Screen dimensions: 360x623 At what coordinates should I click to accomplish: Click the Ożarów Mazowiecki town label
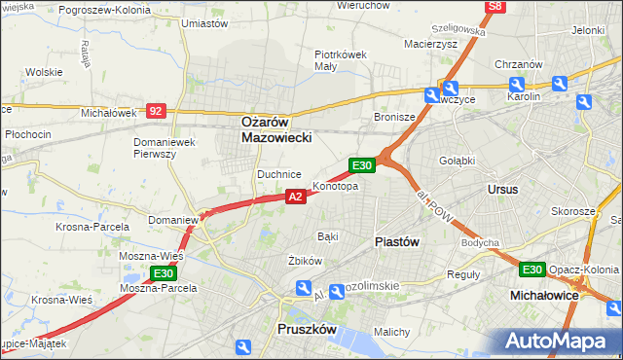275,130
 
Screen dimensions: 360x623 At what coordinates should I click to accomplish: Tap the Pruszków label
306,330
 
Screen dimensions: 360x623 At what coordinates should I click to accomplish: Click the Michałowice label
545,293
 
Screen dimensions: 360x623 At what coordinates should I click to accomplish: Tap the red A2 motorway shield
297,197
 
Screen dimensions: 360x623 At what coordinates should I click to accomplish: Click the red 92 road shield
156,112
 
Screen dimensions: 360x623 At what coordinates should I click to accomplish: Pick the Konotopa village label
335,186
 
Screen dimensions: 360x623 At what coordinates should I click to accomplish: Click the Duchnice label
278,174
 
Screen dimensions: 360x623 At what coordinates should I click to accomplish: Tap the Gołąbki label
456,160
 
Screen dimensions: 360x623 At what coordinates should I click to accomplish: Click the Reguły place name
462,274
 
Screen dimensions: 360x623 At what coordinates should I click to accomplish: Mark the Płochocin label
27,133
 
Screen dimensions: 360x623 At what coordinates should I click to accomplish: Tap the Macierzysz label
430,43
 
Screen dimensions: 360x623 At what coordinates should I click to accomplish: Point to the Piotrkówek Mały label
340,60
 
